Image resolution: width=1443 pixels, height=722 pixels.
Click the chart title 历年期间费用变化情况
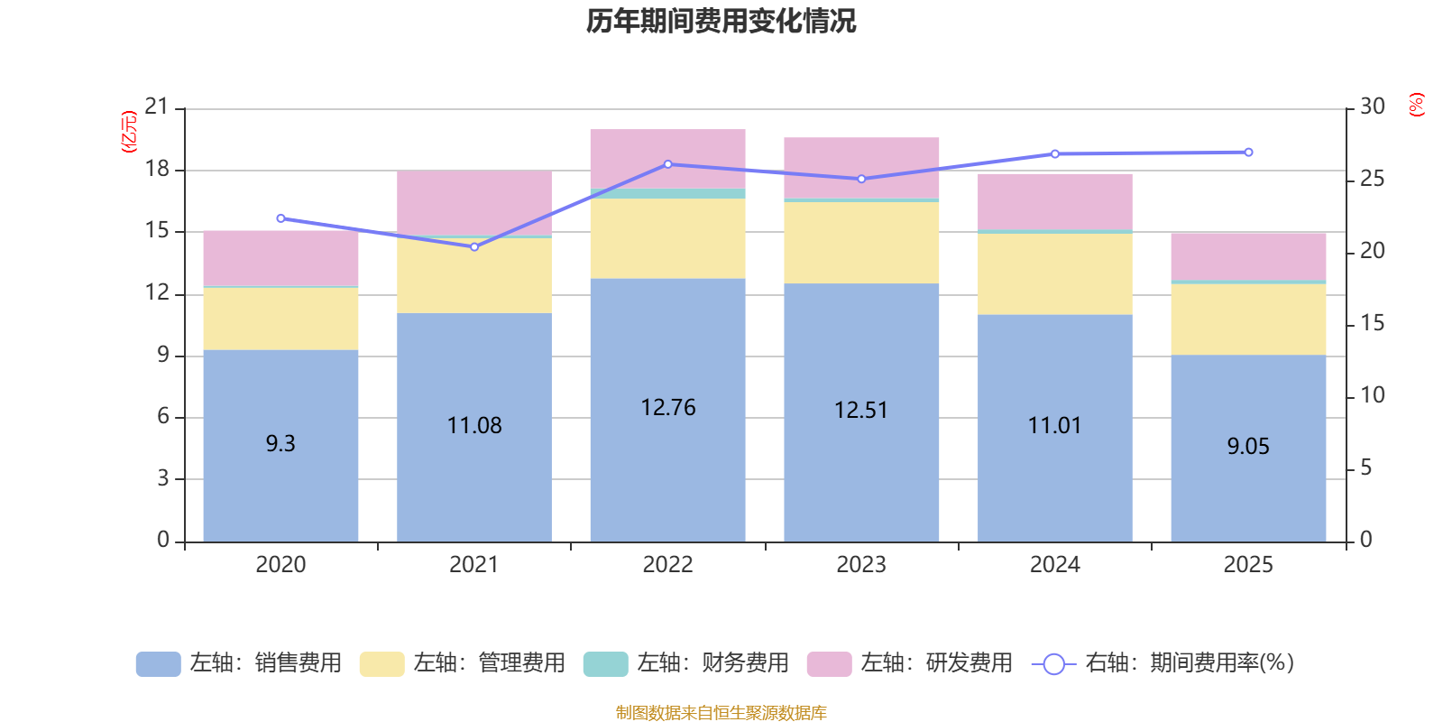pos(721,21)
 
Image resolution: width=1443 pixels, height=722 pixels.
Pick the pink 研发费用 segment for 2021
pos(474,202)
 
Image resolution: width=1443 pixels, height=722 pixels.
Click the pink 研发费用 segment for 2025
pos(1248,255)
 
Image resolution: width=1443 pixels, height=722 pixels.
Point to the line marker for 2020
pos(280,218)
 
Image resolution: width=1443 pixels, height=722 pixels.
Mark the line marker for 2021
pos(474,246)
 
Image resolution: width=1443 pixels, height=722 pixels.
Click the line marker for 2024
pos(1055,153)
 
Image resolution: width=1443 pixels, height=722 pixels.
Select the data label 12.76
pos(667,408)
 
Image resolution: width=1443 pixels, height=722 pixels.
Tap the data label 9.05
pos(1248,446)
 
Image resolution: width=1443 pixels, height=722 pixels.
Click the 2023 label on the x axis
pos(861,565)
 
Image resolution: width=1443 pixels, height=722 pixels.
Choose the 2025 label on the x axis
pos(1248,565)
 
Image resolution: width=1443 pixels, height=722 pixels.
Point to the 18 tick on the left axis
pos(157,170)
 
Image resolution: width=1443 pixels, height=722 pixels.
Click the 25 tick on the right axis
pos(1372,179)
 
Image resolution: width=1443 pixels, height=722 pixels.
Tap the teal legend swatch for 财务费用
pos(604,664)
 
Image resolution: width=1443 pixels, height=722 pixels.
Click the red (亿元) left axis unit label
pos(129,132)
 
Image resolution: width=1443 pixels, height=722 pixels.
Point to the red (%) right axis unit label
pos(1416,105)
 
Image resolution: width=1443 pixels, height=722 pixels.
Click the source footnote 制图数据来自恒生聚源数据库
pos(721,713)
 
